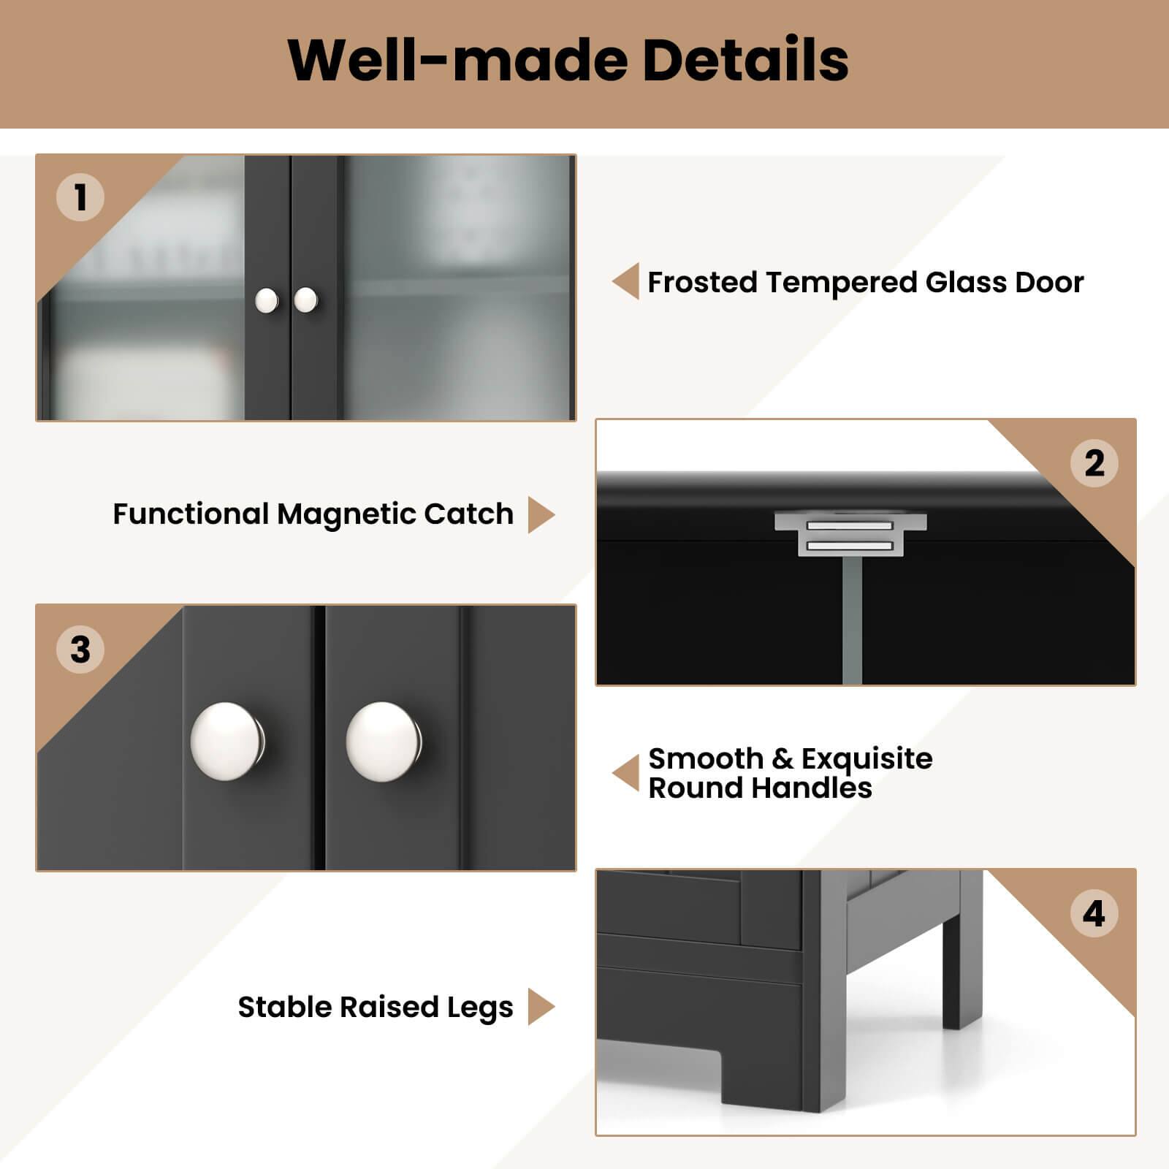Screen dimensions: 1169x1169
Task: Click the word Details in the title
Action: click(745, 60)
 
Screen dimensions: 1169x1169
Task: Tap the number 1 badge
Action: click(80, 197)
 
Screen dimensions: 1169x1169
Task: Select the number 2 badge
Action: click(1094, 463)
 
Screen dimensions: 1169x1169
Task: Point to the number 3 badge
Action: click(80, 650)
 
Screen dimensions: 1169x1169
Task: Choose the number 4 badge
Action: click(1094, 913)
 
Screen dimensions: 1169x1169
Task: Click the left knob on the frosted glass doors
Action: click(267, 300)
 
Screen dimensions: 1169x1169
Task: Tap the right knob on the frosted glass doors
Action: click(305, 299)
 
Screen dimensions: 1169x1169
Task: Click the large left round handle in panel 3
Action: click(228, 742)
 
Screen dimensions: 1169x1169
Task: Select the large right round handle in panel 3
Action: click(384, 742)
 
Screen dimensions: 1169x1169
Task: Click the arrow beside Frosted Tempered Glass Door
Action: click(626, 281)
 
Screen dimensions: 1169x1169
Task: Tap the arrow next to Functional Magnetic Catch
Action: click(541, 514)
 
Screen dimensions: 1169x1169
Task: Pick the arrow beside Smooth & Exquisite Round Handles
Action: click(626, 773)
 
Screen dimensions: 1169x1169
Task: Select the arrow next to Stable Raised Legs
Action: click(541, 1007)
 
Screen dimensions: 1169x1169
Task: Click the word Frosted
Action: click(702, 282)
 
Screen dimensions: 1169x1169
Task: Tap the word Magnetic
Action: click(346, 514)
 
